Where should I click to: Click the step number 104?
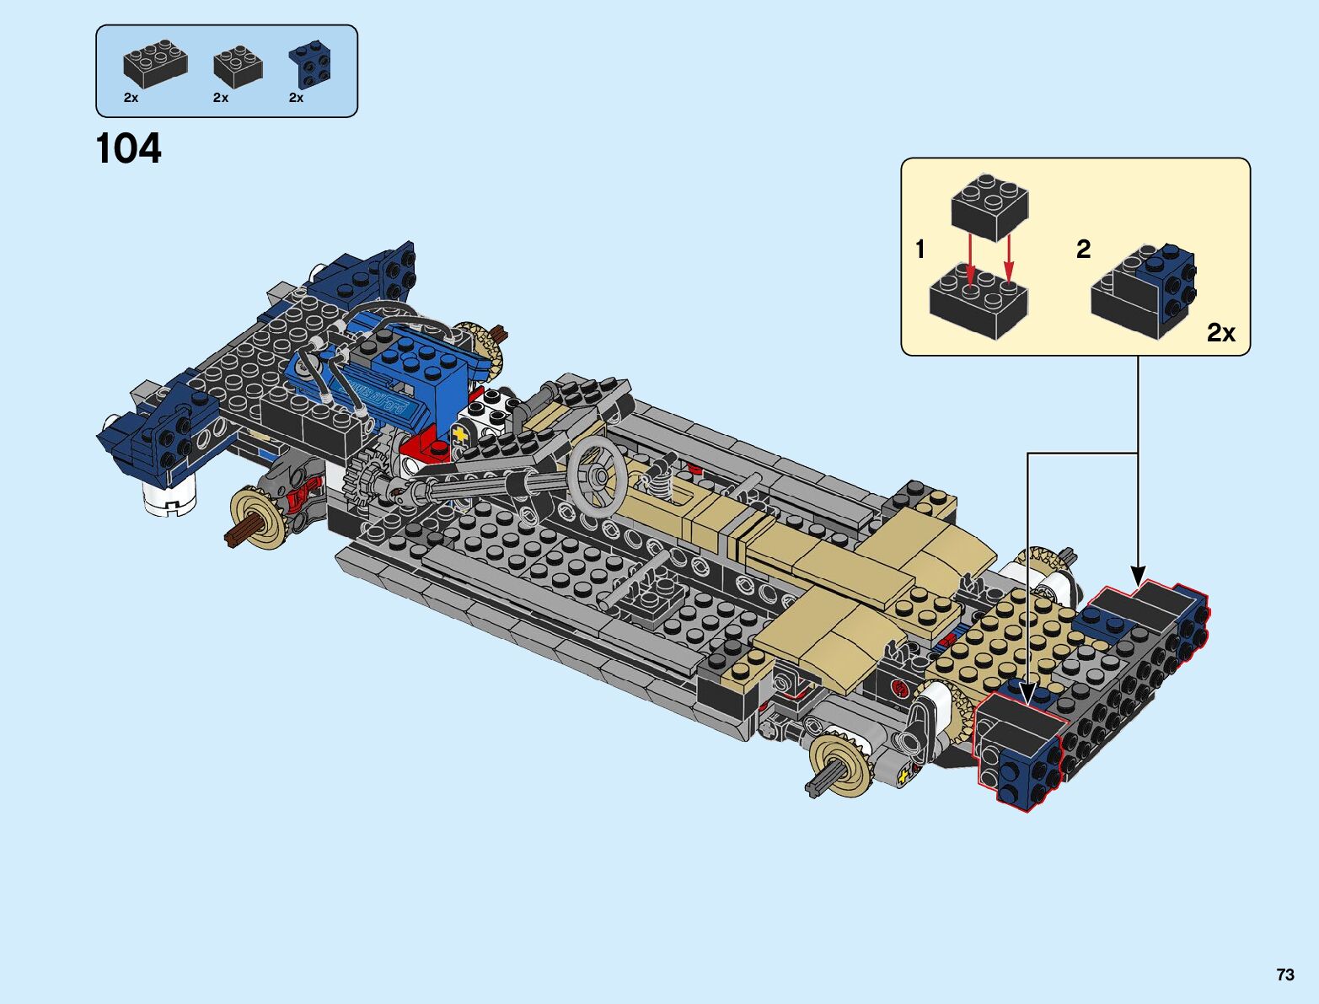[129, 148]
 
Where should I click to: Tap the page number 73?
[1285, 974]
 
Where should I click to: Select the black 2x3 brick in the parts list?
[155, 64]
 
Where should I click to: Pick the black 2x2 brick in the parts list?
[238, 66]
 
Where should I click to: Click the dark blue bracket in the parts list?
[311, 65]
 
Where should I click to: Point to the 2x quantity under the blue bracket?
[297, 98]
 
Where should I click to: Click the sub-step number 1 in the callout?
[920, 250]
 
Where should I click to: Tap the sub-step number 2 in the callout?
[1084, 250]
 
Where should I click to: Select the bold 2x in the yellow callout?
[1221, 332]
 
